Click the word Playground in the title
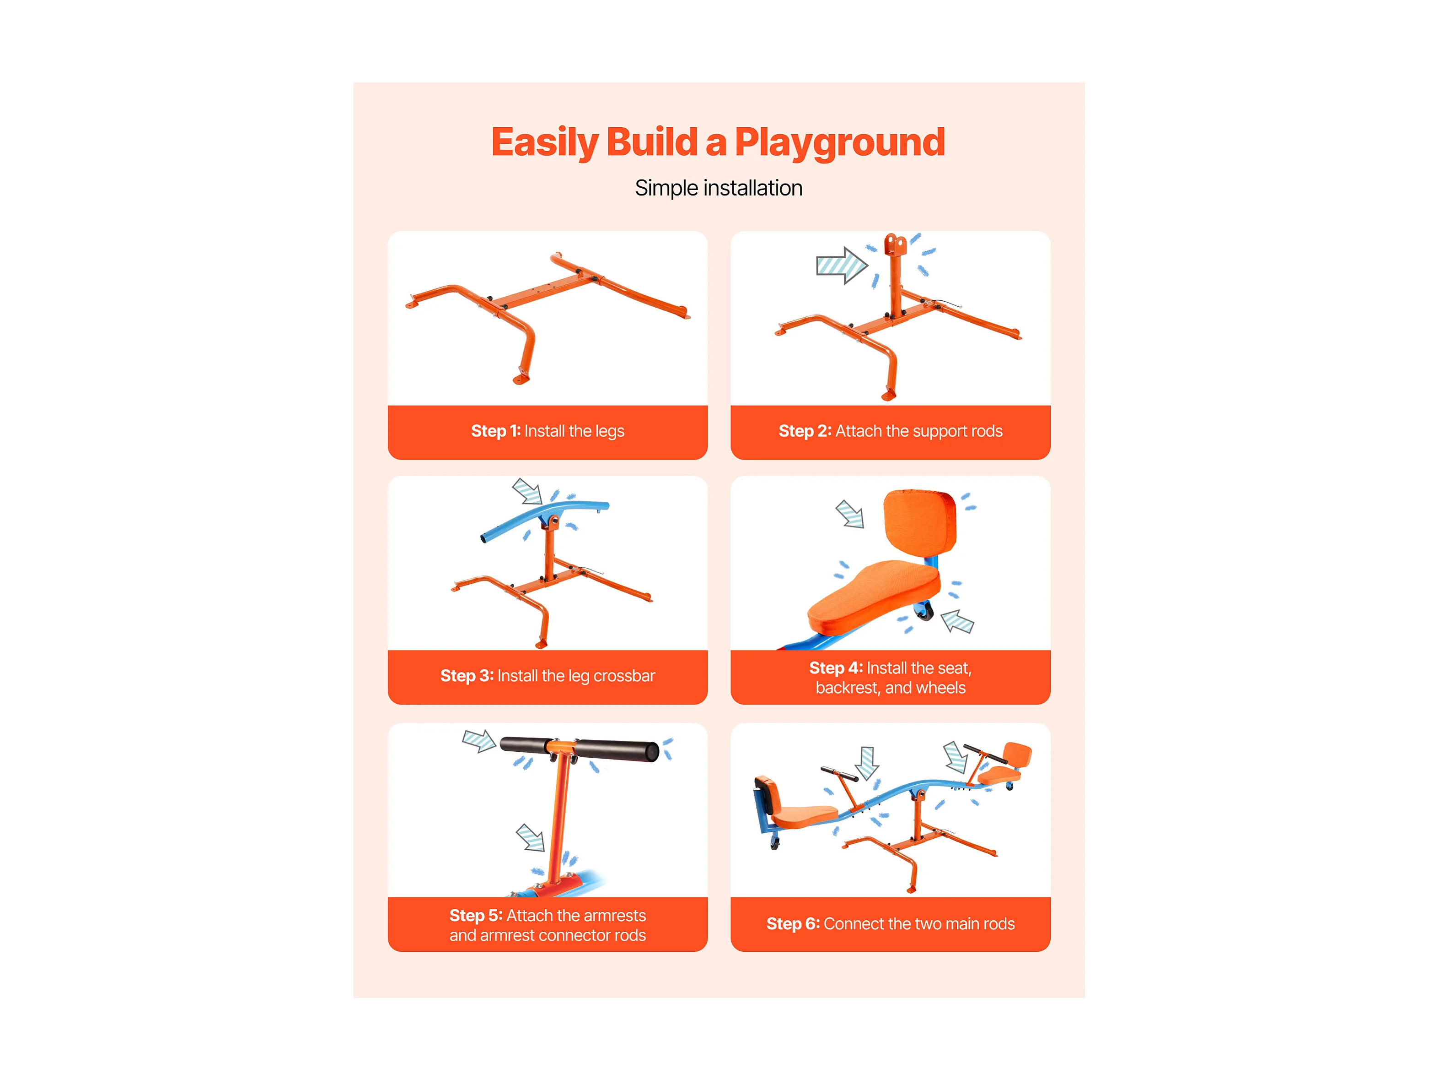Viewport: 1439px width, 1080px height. point(839,142)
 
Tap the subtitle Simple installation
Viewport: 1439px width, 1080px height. point(719,188)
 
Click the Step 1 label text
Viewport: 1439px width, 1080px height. point(548,431)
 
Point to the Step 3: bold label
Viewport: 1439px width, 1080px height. point(467,676)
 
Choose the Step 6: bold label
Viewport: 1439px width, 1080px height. point(793,924)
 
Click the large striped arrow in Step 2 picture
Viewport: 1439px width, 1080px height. point(842,265)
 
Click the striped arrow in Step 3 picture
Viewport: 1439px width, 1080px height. point(527,491)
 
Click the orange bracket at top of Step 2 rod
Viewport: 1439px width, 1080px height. point(895,245)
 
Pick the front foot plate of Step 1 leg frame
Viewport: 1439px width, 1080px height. point(521,380)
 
